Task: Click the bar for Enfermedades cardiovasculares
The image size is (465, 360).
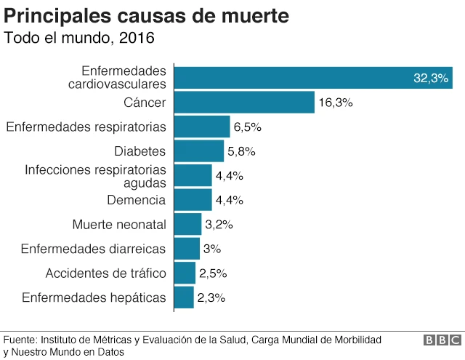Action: click(313, 78)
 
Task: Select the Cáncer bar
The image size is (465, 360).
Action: click(244, 103)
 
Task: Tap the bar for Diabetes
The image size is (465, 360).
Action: click(199, 151)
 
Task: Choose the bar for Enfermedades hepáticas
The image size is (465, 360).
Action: click(185, 297)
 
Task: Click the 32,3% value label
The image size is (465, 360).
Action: click(430, 79)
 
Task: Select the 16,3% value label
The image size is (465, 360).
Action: click(335, 103)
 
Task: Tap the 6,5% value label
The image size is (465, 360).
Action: click(247, 127)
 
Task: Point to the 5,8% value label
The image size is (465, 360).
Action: click(241, 151)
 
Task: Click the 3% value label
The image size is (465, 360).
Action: click(212, 249)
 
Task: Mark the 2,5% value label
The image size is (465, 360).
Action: click(213, 273)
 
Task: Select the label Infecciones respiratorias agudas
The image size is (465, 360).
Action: click(95, 176)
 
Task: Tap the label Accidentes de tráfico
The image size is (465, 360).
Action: click(106, 273)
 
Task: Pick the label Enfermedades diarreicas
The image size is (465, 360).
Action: click(93, 249)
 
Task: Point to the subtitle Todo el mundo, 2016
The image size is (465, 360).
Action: click(79, 37)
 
